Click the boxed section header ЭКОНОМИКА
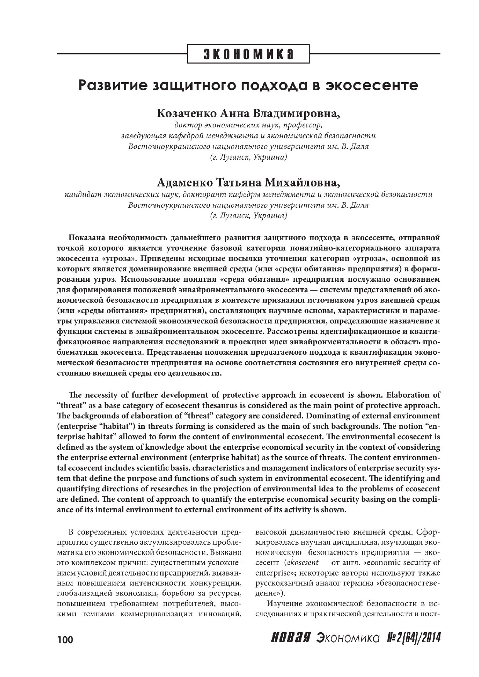pos(249,54)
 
